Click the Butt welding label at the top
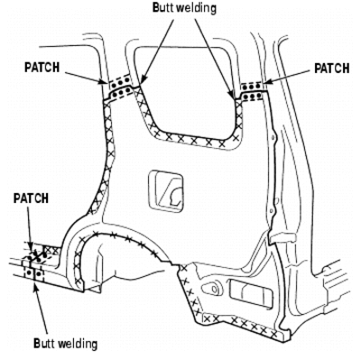point(184,8)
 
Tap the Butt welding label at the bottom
point(66,343)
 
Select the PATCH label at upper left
point(42,68)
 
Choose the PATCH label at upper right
point(332,69)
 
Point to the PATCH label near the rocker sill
point(31,198)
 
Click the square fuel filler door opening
point(166,191)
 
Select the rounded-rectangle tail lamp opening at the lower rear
point(251,293)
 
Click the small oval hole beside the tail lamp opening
point(212,289)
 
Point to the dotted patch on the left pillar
point(121,87)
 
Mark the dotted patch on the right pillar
point(253,91)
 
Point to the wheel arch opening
point(120,241)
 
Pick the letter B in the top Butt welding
point(155,8)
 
